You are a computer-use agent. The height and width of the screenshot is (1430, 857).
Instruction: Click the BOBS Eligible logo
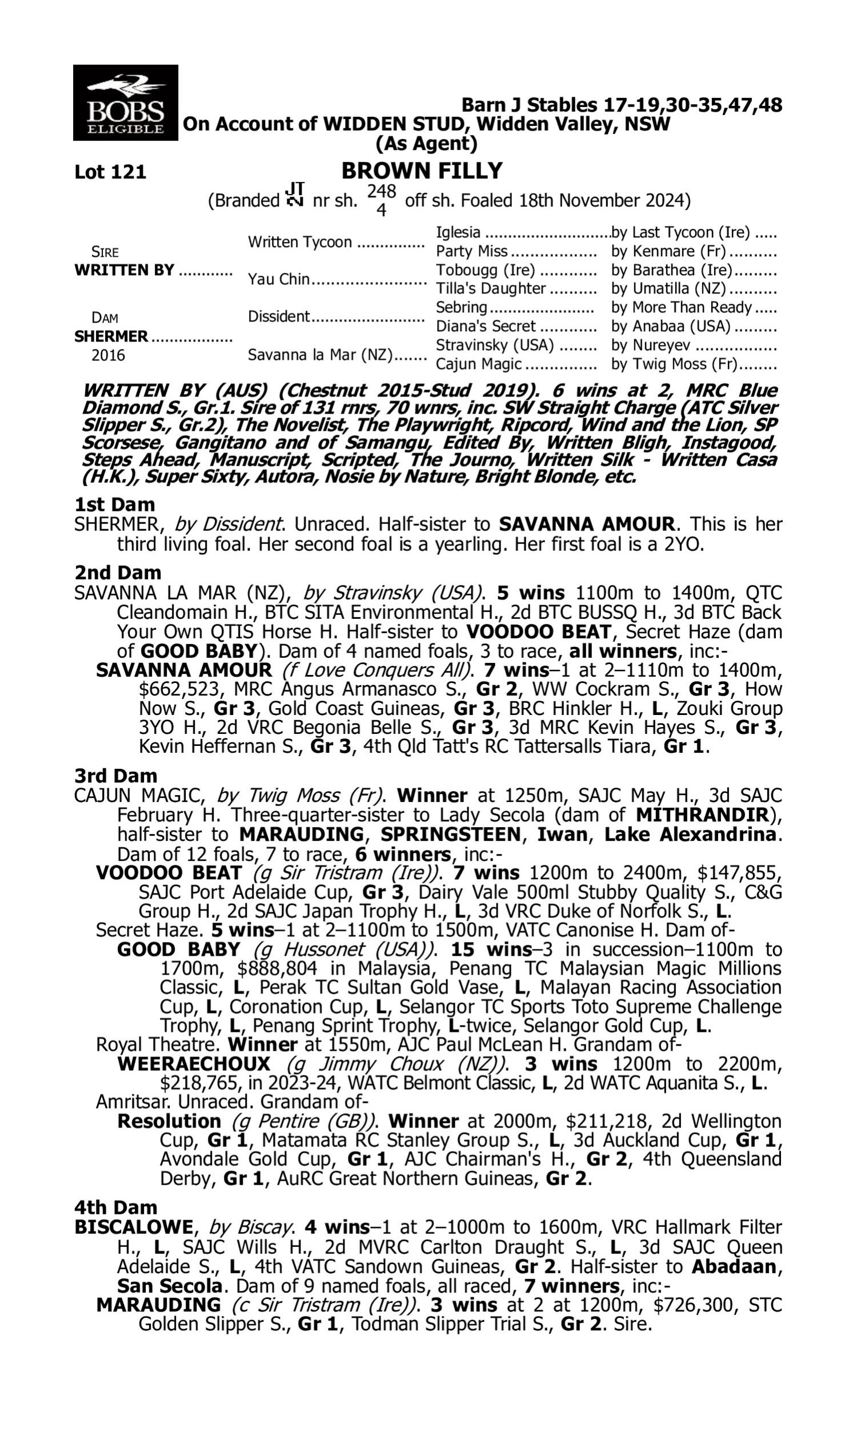click(125, 103)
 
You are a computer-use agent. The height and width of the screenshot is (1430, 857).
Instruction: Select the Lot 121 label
click(110, 172)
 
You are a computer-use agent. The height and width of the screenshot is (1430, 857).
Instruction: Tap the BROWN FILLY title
click(422, 171)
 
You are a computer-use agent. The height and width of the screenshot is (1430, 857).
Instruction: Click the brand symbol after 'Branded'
click(296, 195)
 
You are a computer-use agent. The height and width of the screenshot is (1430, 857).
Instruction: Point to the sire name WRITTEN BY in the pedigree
click(124, 270)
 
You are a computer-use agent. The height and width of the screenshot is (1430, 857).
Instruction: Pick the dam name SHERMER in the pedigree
click(111, 336)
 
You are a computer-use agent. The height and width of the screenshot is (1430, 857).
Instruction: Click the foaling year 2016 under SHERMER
click(108, 355)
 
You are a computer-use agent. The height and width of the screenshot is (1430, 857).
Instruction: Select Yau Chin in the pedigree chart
click(279, 279)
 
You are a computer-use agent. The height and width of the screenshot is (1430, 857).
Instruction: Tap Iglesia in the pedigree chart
click(458, 232)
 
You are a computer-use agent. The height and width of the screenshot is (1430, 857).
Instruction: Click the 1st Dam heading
click(114, 505)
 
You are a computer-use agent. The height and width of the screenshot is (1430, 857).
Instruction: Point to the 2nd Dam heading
click(117, 573)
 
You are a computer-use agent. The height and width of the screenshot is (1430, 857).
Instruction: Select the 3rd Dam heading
click(115, 776)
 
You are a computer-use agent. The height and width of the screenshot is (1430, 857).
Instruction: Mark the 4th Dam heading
click(115, 1207)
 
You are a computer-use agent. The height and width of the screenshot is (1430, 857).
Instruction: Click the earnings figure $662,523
click(179, 690)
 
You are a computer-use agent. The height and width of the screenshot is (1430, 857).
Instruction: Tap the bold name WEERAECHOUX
click(194, 1064)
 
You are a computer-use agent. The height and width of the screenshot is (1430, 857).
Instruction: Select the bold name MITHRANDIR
click(702, 815)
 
